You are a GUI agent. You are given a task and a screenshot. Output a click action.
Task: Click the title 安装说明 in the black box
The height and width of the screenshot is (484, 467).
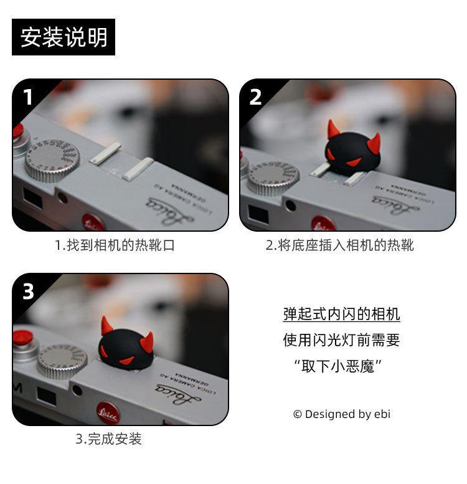[64, 37]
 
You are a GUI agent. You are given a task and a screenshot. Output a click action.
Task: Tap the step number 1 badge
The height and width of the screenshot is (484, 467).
[28, 97]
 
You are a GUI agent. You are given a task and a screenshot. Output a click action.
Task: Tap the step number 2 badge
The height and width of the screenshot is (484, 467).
[255, 97]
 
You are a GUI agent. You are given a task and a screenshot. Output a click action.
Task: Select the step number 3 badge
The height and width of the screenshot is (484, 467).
[28, 291]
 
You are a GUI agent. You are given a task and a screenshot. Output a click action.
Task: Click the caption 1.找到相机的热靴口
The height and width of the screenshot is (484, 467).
[115, 245]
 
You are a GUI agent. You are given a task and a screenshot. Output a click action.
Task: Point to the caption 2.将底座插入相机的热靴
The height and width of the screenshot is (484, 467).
[339, 245]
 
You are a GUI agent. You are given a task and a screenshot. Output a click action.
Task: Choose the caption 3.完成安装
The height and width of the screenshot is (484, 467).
[108, 439]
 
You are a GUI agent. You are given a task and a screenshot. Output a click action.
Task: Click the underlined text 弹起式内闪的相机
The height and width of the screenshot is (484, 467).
[341, 314]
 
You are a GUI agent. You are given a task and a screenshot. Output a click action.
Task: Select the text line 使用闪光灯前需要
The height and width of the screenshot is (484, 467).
[341, 340]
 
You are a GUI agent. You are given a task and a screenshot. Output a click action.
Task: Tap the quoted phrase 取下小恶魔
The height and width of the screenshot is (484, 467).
[338, 366]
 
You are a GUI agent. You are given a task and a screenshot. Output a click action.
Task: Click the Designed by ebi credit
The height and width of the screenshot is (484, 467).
[342, 414]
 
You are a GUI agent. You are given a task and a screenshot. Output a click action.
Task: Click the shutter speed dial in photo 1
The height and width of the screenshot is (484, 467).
[52, 160]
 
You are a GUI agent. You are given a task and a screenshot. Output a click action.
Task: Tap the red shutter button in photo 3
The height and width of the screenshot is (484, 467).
[24, 337]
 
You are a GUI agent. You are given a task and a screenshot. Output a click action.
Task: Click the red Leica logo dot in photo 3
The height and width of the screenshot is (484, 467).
[108, 413]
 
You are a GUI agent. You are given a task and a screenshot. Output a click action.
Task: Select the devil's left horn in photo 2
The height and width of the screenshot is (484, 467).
[333, 128]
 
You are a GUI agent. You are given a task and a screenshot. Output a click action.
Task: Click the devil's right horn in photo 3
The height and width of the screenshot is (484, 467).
[147, 343]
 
